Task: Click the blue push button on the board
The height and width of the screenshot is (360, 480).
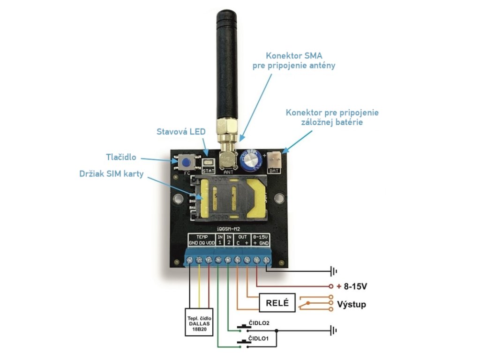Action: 187,163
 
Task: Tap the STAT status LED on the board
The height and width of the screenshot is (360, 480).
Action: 208,163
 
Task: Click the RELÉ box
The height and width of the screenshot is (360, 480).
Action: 277,302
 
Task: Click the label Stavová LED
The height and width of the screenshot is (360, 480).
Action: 180,132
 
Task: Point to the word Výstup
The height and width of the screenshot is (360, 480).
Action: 352,305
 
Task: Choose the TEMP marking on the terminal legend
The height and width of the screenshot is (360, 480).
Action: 202,237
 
